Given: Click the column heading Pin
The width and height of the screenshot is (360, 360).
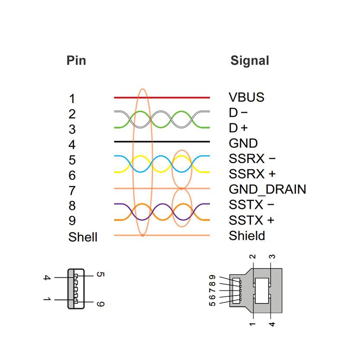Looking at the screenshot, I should point(76,60).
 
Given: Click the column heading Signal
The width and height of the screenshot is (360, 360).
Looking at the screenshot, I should point(250,61).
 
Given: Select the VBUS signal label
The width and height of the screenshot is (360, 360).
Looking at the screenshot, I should point(246,97).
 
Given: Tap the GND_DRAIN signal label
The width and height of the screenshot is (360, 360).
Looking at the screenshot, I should point(267,189).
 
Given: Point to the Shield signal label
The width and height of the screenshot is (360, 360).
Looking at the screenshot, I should point(247,236).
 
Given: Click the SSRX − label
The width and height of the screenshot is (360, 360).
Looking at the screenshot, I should point(252,158).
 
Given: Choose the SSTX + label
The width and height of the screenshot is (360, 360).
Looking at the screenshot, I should point(251,220).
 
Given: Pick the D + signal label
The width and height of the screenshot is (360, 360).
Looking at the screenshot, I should point(238,128).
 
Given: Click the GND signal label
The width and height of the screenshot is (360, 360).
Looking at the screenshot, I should point(243,143).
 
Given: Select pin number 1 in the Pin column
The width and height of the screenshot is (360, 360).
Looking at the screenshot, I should point(72,99).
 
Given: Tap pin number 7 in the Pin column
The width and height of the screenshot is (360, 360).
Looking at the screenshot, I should point(72,190).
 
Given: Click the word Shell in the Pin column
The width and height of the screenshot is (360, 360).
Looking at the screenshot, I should point(83,237).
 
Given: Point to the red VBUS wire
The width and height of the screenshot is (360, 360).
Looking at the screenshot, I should point(182,97).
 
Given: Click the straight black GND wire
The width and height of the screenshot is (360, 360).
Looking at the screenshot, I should point(182,141).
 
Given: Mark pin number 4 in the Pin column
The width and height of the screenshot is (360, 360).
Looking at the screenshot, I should point(72,145).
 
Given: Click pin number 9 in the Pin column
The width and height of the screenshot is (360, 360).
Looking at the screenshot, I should point(72,221).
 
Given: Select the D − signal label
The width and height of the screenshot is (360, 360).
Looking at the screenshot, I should point(238,113).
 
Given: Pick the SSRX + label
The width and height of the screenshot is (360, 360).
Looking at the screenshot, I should point(252,174).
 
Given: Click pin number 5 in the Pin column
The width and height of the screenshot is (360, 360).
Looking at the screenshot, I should point(72,160).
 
